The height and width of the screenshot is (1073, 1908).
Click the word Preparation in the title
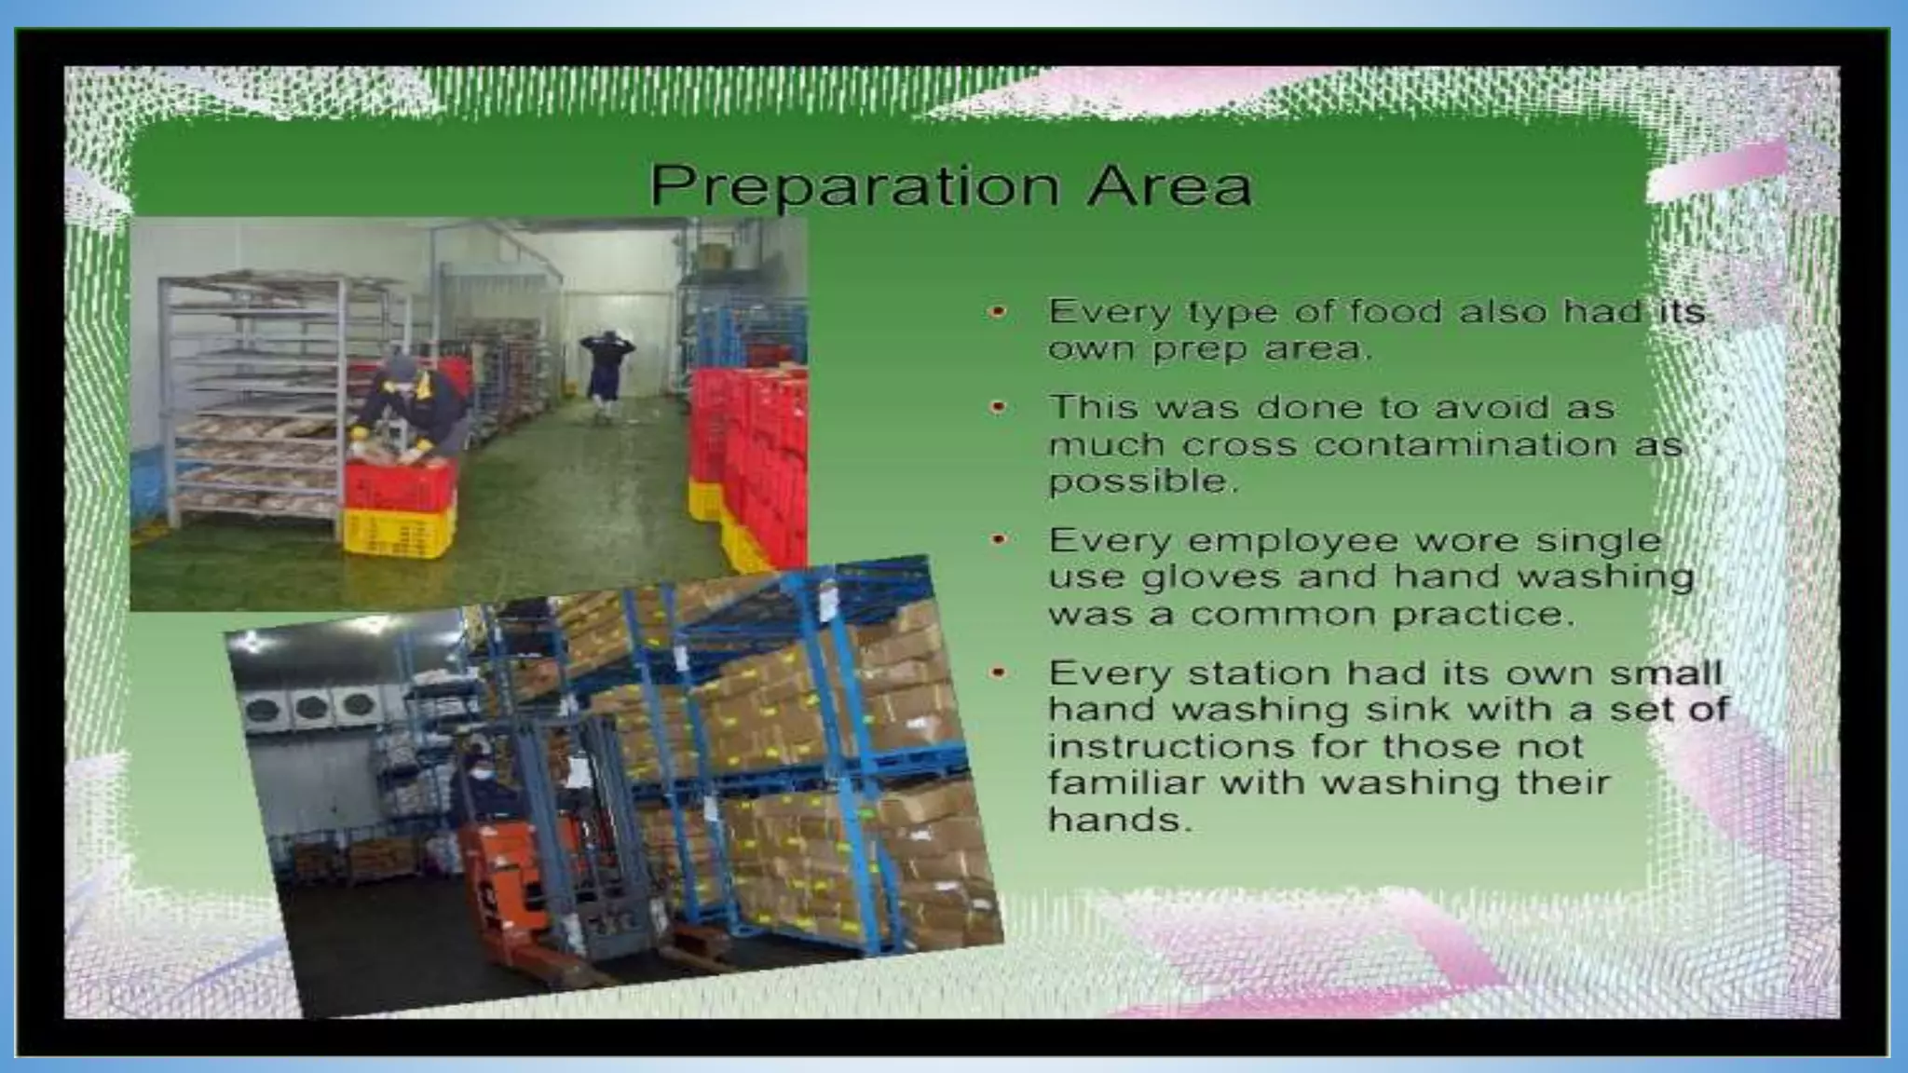[853, 186]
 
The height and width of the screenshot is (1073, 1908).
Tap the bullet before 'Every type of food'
[999, 312]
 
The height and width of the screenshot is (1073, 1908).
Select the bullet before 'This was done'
[999, 407]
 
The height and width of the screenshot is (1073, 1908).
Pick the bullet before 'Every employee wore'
[999, 540]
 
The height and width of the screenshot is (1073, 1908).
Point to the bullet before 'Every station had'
[999, 672]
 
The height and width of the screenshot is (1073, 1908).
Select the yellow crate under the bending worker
[399, 533]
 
